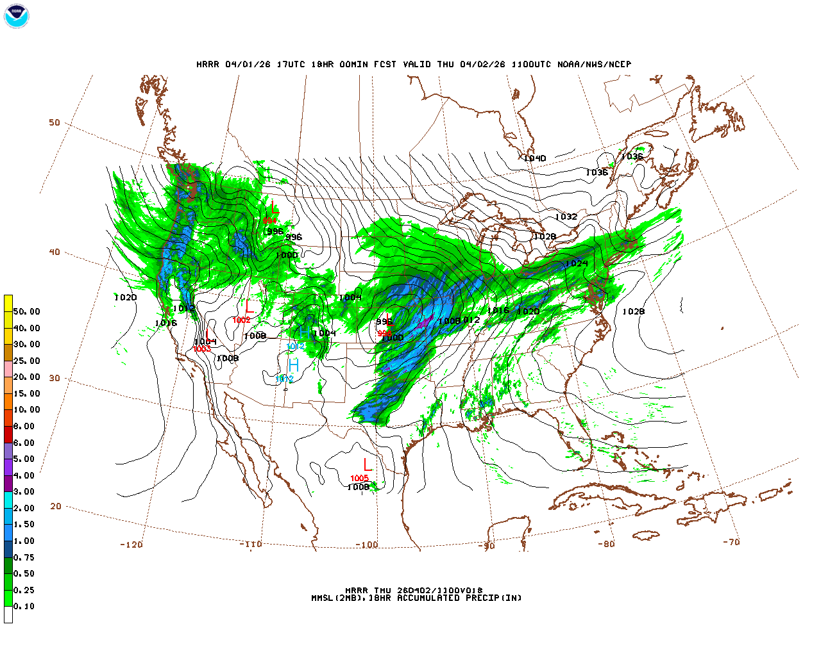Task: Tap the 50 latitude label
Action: tap(55, 122)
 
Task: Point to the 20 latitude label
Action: tap(56, 506)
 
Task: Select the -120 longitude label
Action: tap(131, 545)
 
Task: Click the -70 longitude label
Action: tap(731, 542)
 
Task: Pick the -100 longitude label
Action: tap(366, 545)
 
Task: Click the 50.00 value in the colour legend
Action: tap(26, 311)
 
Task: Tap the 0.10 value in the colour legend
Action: tap(24, 606)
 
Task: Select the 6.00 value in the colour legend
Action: tap(24, 443)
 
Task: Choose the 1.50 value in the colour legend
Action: tap(24, 524)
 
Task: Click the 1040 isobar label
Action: tap(534, 158)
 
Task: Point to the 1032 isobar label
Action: tap(566, 217)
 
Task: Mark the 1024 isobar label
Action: tap(576, 264)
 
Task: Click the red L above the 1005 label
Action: tap(367, 464)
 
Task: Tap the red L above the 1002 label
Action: tap(249, 307)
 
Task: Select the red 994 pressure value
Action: tap(269, 221)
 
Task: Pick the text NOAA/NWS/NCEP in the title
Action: tap(594, 64)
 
